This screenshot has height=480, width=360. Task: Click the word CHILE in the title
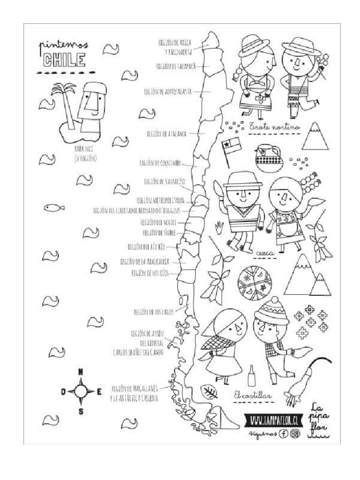(64, 60)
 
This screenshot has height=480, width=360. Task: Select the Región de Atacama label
(166, 134)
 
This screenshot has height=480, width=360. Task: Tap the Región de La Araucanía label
(144, 261)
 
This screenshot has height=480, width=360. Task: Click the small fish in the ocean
(53, 207)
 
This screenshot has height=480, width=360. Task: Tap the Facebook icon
(283, 434)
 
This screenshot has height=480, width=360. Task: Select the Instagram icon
(295, 434)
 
